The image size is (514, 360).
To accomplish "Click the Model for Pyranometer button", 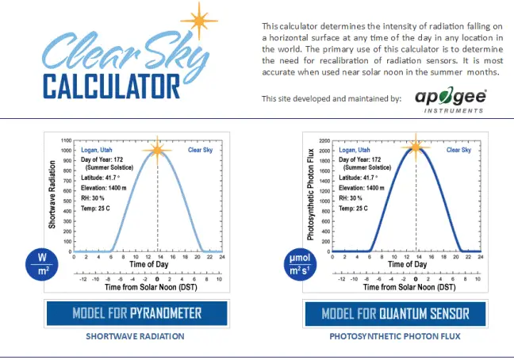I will coord(136,313).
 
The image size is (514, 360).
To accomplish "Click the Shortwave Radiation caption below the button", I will coord(136,336).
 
